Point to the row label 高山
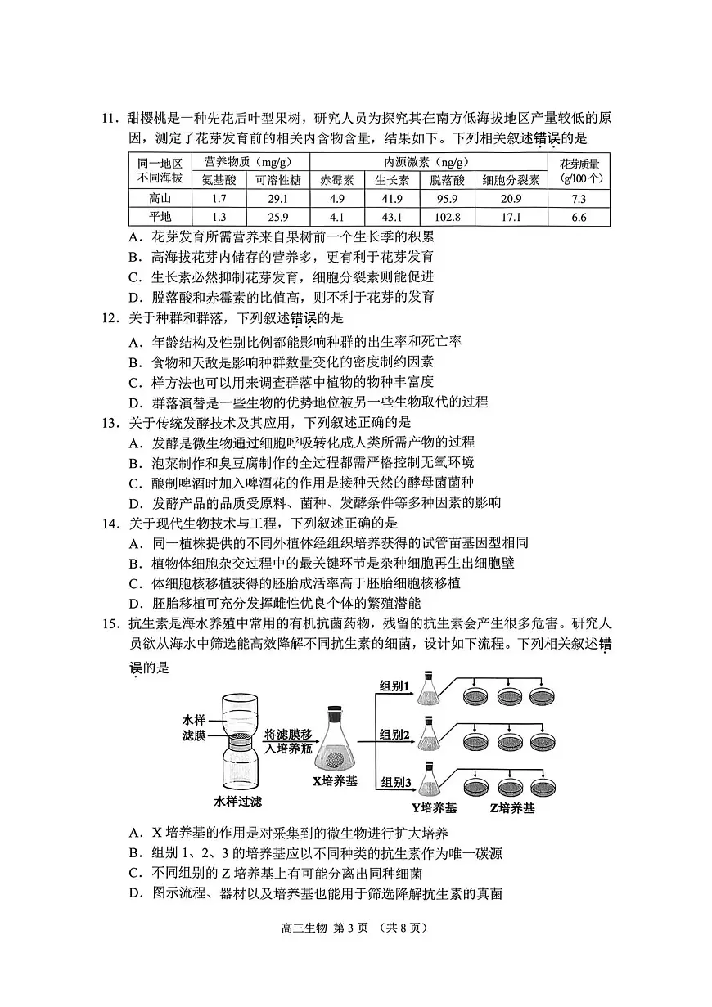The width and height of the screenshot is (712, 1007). point(160,199)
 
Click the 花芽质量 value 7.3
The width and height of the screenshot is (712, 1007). point(579,199)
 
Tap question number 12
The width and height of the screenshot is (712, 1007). point(111,318)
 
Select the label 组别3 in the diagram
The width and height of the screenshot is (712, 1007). point(394,783)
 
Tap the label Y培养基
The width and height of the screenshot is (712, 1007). point(434,808)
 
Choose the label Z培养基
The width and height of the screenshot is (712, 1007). point(511,808)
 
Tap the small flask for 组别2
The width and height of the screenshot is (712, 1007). point(428,734)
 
